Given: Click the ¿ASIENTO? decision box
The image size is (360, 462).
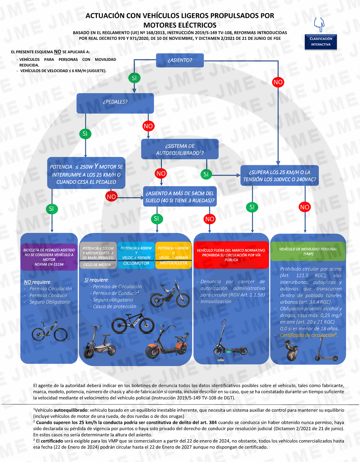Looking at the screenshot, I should point(180,60).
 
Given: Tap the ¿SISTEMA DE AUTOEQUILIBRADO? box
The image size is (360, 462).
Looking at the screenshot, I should point(180,149).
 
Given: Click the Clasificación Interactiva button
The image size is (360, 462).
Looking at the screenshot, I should point(321,42).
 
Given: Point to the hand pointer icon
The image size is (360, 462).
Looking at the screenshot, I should point(319,24).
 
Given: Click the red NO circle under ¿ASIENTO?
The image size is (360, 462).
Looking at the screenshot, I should point(278,82).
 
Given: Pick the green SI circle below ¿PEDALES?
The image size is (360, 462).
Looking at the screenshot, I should point(85,134).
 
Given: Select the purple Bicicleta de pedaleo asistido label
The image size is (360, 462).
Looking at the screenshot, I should point(49,257).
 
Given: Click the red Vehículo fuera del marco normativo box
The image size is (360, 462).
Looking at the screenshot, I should point(231,255).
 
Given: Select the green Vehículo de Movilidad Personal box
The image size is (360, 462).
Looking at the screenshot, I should point(308,252).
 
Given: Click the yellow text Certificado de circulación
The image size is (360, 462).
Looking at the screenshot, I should point(308,335).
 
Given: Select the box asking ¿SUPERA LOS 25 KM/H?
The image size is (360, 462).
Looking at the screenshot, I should point(279,176).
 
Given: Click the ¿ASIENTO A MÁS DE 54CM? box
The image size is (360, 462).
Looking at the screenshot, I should point(180,197).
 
